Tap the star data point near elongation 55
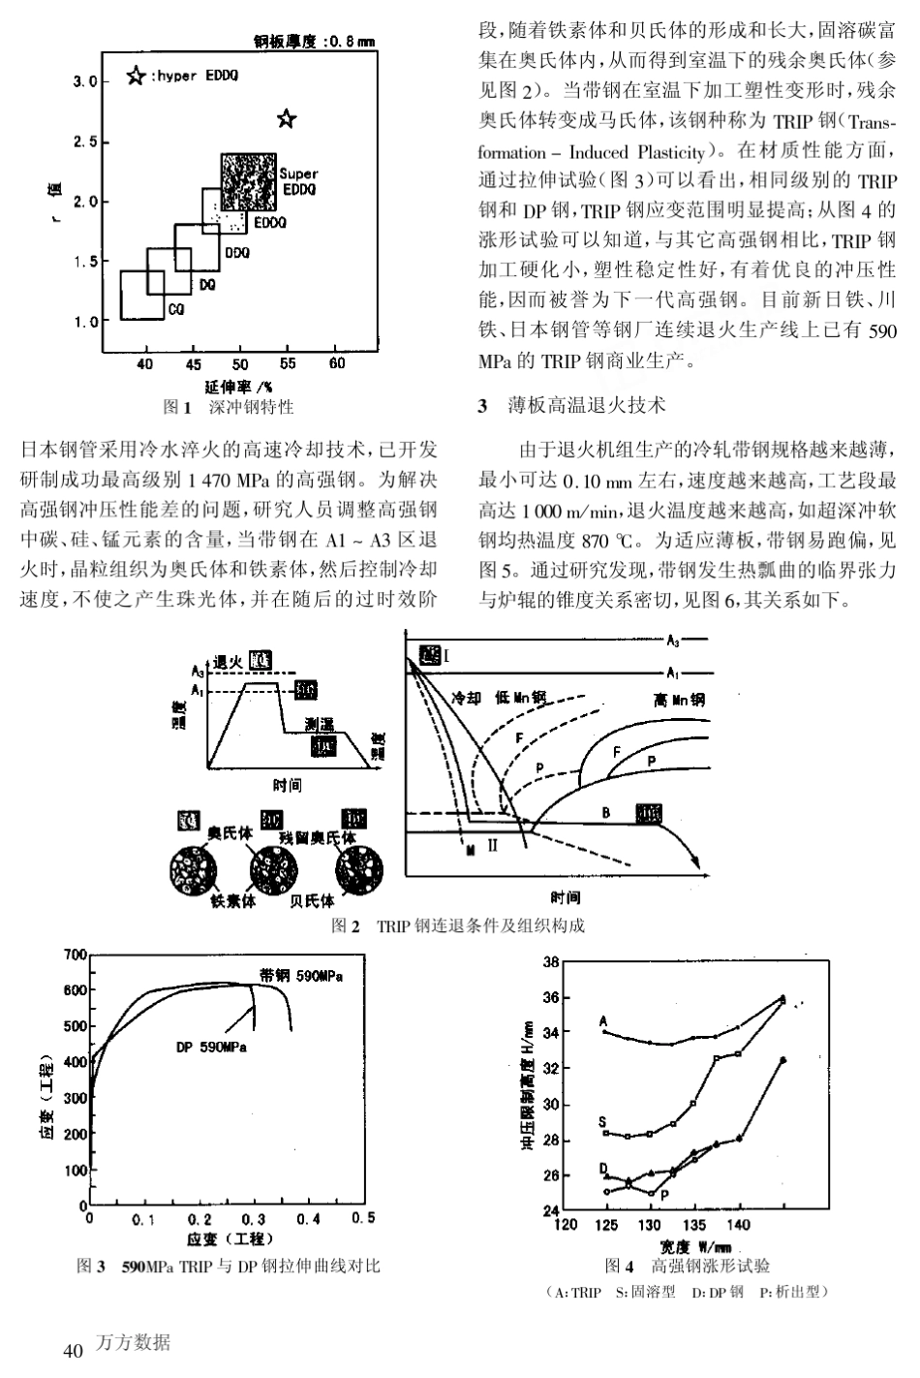click(287, 118)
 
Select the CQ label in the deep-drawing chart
click(175, 309)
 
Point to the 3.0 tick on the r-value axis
click(85, 82)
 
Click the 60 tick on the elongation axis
click(336, 362)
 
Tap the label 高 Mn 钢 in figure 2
click(679, 698)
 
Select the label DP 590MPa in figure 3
click(211, 1048)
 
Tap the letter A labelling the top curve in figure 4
click(603, 1020)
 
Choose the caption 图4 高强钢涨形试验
click(688, 1266)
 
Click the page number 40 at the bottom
click(73, 1350)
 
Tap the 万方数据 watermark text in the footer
click(134, 1342)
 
